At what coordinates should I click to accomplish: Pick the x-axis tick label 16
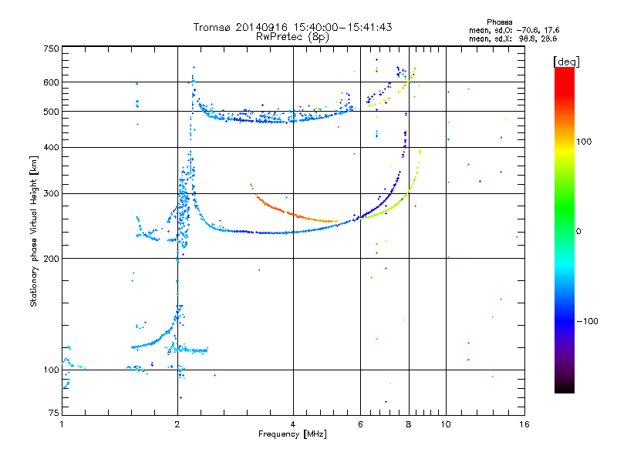point(523,424)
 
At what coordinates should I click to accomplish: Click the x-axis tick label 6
point(360,424)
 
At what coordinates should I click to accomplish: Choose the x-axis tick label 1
point(62,424)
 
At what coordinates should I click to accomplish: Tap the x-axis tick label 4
point(293,424)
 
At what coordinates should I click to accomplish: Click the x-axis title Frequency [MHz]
point(292,434)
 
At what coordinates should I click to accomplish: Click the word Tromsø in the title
point(212,27)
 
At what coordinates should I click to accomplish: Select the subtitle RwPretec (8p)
point(293,36)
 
